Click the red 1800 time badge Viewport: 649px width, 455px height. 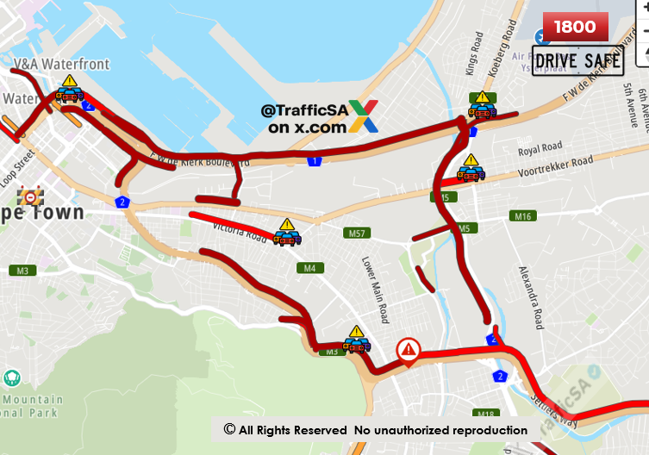pos(575,27)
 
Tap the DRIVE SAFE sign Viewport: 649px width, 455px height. pos(577,61)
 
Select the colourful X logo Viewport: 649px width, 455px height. pos(363,116)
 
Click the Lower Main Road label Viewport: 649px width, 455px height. pos(371,290)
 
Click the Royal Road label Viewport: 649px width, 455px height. pos(540,148)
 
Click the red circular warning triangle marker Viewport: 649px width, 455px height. pos(408,350)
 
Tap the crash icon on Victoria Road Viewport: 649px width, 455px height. pos(286,233)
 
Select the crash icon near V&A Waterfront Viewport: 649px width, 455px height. pos(69,90)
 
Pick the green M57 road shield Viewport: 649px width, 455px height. pos(356,234)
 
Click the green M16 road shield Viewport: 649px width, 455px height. pos(522,216)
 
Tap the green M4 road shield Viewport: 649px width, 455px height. pos(309,268)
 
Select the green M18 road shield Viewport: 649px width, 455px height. pos(486,414)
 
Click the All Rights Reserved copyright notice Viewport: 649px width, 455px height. pos(375,429)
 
